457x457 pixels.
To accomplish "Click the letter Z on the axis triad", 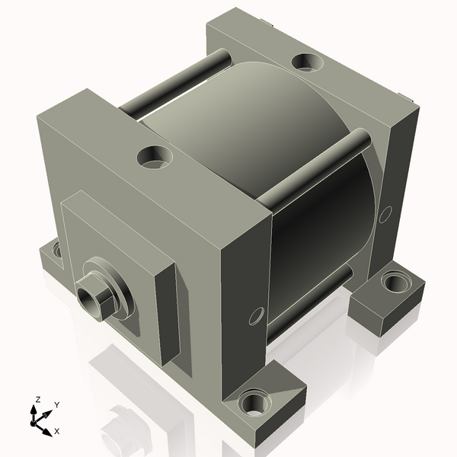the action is (x=37, y=400).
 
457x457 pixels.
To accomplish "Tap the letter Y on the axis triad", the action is (x=57, y=405).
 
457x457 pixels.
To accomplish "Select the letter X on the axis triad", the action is (x=57, y=431).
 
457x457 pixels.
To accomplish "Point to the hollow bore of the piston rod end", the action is (x=88, y=300).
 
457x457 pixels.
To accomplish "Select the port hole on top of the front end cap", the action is (x=154, y=157).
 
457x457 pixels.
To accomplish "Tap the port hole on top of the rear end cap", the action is (x=308, y=62).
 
